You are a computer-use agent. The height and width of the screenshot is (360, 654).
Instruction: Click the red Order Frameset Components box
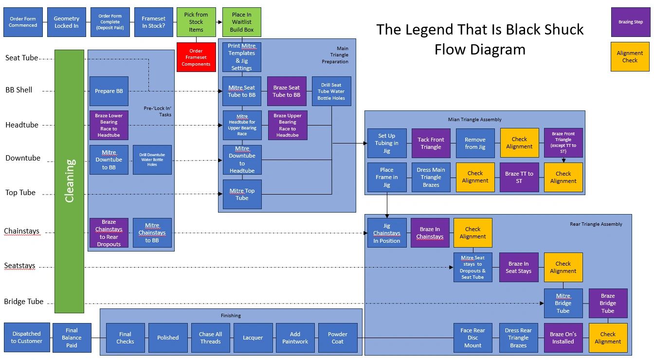196,57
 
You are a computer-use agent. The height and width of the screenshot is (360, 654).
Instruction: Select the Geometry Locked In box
66,22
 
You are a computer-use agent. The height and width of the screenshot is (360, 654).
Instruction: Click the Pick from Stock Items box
196,22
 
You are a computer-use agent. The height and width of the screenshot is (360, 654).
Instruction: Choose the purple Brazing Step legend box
630,22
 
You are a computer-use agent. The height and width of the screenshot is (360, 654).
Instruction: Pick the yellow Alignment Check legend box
630,57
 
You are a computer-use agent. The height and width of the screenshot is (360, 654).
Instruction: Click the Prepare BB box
109,91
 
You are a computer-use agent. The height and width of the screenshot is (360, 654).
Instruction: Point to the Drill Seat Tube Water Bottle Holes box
331,91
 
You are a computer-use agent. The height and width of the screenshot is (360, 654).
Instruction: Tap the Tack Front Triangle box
431,143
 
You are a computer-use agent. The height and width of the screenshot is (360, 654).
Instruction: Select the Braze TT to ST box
519,177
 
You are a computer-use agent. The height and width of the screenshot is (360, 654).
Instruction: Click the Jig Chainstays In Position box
387,233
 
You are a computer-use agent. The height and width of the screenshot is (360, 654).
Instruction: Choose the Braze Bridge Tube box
608,303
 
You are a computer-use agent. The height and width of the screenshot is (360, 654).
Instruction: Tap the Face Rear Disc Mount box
472,338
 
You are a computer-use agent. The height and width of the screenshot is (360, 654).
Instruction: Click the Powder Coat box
338,338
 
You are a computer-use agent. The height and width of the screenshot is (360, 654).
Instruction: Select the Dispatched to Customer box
27,337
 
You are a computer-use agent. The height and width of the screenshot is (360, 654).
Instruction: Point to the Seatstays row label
20,266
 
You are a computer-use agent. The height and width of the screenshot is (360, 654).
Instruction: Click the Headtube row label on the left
22,125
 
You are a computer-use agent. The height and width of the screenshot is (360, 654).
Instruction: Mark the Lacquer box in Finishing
253,338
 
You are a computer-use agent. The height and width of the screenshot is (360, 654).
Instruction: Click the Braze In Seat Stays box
519,267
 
